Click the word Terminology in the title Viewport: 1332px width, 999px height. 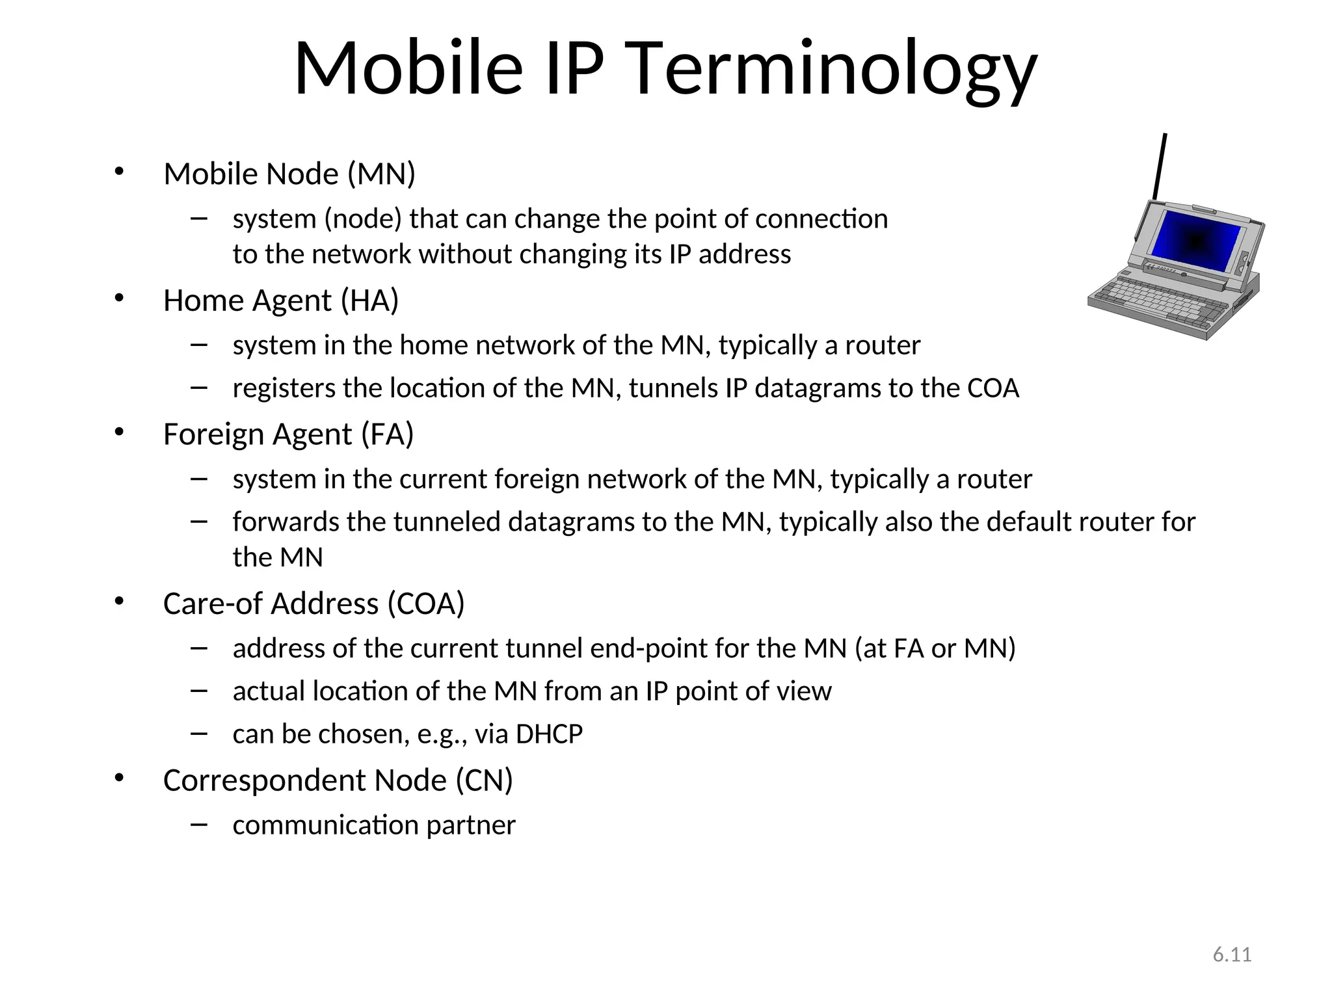click(x=834, y=68)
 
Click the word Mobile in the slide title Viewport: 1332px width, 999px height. click(x=408, y=68)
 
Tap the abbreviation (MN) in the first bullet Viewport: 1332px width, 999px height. click(x=381, y=174)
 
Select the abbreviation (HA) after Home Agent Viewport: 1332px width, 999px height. click(x=369, y=300)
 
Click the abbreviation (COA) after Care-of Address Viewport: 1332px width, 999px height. click(x=426, y=604)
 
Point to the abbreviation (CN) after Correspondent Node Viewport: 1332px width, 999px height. click(x=484, y=780)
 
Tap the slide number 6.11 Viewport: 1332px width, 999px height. click(x=1232, y=955)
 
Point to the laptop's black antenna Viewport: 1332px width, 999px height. click(x=1160, y=166)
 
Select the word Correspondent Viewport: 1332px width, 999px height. click(x=304, y=780)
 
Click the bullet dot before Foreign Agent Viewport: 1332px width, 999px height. click(x=118, y=432)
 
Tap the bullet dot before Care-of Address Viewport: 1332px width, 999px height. click(x=118, y=602)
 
